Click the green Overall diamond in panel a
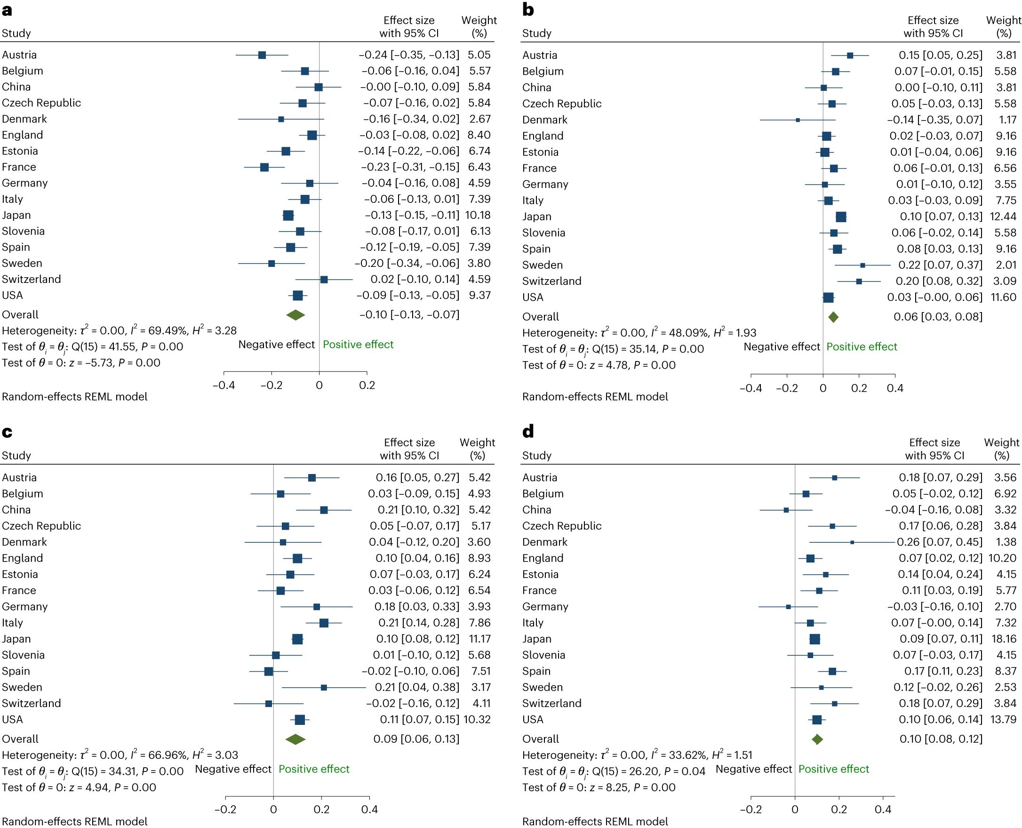[295, 315]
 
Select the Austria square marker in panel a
[262, 55]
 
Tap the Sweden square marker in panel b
[862, 265]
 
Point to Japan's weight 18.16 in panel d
[1003, 639]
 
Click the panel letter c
[7, 432]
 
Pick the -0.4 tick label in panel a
[224, 386]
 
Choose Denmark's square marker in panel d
[852, 542]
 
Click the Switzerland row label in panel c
[32, 703]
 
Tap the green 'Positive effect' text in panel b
[862, 347]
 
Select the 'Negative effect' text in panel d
[754, 769]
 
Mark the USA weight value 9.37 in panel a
[479, 295]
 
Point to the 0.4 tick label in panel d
[883, 809]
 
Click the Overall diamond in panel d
[817, 740]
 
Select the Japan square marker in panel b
[841, 217]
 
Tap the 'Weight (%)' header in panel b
[1003, 27]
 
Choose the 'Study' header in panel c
[16, 456]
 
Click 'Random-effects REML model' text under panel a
[75, 397]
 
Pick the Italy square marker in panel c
[324, 623]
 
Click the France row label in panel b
[539, 169]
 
